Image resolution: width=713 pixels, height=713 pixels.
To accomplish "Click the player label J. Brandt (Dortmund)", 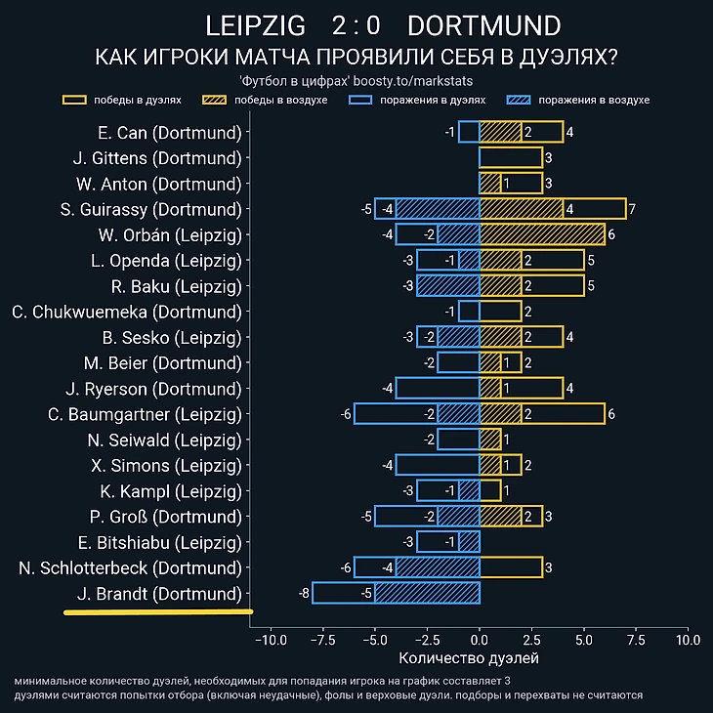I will [x=157, y=594].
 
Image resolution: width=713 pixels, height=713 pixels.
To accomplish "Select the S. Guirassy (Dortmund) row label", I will [x=150, y=209].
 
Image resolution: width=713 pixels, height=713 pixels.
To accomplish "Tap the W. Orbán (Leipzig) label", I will [x=169, y=234].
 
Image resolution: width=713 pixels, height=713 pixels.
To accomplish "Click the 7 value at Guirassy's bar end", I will [x=633, y=209].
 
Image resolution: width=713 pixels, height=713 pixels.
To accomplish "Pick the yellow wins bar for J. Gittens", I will [x=511, y=157].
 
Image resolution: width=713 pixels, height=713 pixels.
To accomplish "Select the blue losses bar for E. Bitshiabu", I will [x=448, y=542].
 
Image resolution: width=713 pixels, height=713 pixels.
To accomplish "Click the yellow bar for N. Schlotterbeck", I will [x=511, y=567].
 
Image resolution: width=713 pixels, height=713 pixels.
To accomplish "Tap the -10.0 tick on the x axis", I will [x=270, y=641].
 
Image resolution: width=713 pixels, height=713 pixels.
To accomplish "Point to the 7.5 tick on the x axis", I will [x=637, y=641].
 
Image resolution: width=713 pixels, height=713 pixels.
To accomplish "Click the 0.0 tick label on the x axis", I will [x=480, y=641].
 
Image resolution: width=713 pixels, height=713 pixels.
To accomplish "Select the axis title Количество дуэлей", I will [x=469, y=659].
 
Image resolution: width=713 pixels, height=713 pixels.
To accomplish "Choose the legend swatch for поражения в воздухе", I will [x=519, y=100].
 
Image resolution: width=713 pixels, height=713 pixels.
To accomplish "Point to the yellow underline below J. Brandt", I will [x=158, y=612].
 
